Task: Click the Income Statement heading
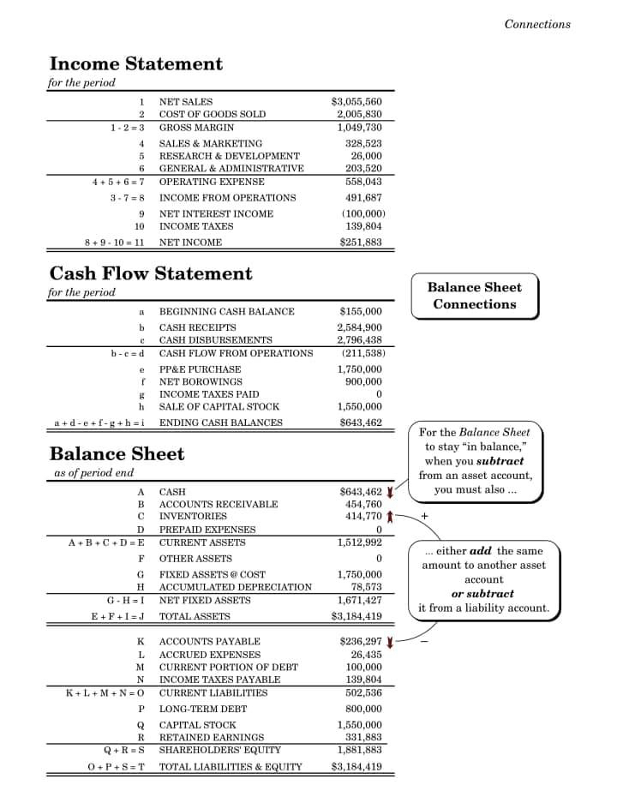point(135,64)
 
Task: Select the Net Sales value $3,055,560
point(356,101)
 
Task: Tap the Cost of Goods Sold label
point(213,114)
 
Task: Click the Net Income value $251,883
point(361,242)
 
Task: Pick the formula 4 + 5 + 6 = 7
point(117,182)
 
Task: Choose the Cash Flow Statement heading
point(151,274)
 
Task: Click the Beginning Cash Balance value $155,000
point(361,311)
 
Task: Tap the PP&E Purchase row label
point(200,369)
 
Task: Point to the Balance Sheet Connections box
point(474,296)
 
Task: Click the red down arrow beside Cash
point(390,492)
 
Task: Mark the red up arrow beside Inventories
point(390,517)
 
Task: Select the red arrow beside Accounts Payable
point(390,642)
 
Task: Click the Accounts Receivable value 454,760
point(363,504)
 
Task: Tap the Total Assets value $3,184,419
point(356,616)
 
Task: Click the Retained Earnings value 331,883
point(363,737)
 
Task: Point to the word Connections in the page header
point(537,24)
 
